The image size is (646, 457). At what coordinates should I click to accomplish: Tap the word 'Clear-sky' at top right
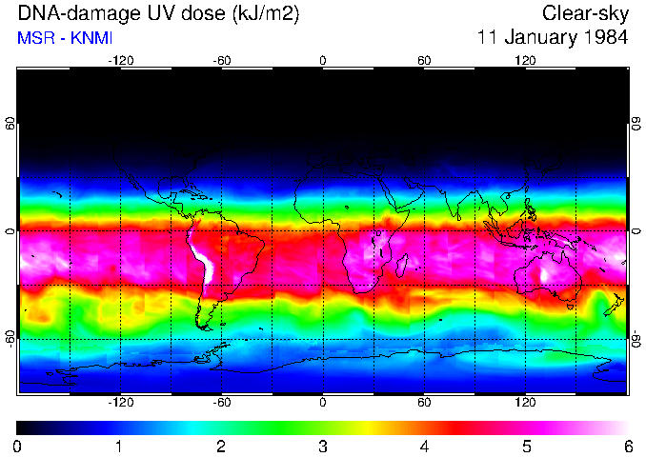point(585,14)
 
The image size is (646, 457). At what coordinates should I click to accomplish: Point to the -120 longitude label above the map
point(120,60)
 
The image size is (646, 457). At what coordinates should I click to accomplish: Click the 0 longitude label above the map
point(323,60)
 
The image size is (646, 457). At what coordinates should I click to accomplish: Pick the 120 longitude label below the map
point(526,403)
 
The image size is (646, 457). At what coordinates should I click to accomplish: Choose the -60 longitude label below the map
point(222,403)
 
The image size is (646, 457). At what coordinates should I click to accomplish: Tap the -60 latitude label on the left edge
point(10,338)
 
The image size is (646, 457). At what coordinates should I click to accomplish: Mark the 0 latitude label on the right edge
point(636,231)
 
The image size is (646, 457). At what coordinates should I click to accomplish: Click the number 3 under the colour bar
point(322,447)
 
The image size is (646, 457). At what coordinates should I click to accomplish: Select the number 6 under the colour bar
point(627,447)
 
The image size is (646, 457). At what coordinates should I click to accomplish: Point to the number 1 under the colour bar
point(119,447)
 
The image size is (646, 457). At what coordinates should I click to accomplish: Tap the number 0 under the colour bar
point(18,447)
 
